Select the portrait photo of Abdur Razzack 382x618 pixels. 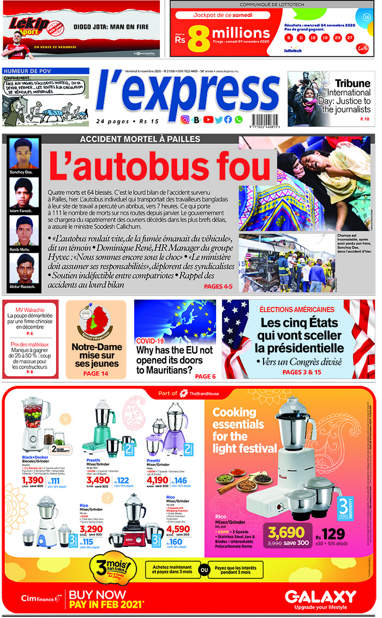point(22,269)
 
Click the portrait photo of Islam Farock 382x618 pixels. point(22,193)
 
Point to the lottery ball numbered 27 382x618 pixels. point(349,38)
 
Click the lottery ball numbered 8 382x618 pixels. point(288,38)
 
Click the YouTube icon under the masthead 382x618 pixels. point(208,120)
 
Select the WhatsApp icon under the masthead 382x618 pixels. point(238,120)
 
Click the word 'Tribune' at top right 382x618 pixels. point(353,83)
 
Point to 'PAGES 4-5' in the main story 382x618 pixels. point(218,286)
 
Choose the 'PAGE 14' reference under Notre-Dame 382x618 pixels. point(96,373)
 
